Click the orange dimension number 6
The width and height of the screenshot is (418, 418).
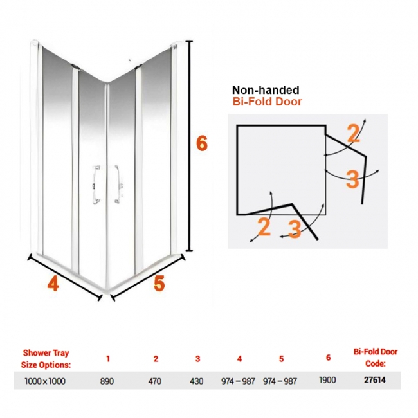[x=201, y=143]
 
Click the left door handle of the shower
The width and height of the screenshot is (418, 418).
[x=96, y=185]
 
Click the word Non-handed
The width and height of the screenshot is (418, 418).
[x=266, y=90]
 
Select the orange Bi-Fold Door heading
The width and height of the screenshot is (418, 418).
[x=267, y=102]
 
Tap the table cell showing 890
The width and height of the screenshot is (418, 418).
[x=107, y=381]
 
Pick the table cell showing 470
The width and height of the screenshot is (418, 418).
[x=154, y=381]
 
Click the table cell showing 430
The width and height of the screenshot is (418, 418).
[x=197, y=381]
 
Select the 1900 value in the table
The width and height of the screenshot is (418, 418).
[x=327, y=380]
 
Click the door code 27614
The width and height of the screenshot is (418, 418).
[x=375, y=380]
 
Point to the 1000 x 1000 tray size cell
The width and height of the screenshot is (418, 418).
[x=45, y=381]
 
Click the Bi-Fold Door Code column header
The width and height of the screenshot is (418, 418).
[x=376, y=358]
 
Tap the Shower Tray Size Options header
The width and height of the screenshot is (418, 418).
[x=46, y=359]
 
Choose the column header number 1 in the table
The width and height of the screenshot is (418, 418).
[x=108, y=359]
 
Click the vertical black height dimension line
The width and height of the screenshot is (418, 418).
[x=189, y=146]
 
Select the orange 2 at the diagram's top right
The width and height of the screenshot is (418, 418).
[x=354, y=134]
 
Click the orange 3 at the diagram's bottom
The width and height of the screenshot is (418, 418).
[x=295, y=228]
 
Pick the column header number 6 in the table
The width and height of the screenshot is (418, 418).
[x=328, y=358]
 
